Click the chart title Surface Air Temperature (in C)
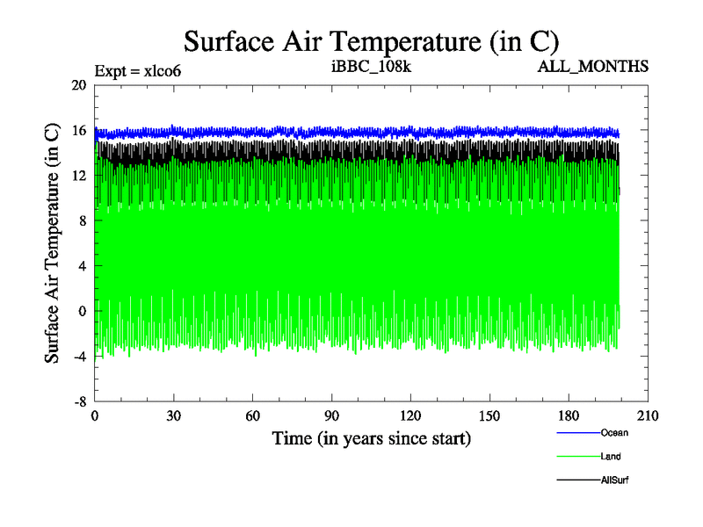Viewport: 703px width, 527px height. click(x=370, y=40)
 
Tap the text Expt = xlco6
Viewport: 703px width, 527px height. click(x=138, y=70)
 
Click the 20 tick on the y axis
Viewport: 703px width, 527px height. click(x=78, y=85)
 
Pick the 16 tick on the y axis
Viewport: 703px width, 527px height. click(x=78, y=130)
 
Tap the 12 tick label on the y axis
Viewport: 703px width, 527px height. click(x=78, y=176)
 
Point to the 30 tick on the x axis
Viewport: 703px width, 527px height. click(x=174, y=416)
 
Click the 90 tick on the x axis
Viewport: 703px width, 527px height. click(x=332, y=416)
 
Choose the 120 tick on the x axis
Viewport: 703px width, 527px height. click(x=410, y=416)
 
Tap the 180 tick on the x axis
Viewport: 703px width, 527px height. click(x=569, y=416)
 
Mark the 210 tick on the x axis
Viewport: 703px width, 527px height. click(x=648, y=416)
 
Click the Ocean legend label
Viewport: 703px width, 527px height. click(x=614, y=432)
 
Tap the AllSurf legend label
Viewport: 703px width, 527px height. click(x=615, y=480)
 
